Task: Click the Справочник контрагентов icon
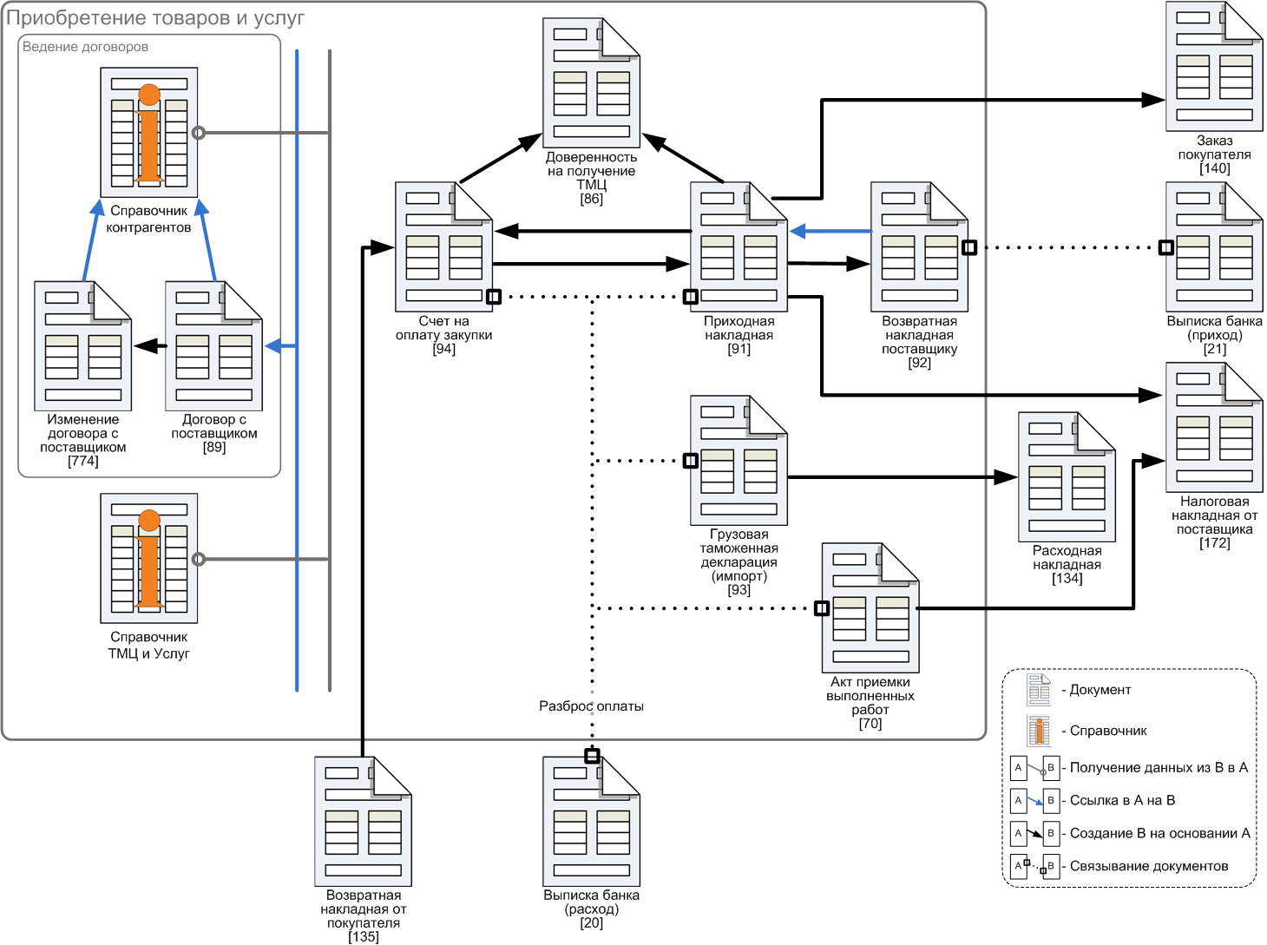149,132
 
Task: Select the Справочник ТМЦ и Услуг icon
149,558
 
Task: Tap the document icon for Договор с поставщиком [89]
214,345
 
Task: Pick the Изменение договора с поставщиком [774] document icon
83,345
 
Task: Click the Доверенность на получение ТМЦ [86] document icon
592,82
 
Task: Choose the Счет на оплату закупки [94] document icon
443,247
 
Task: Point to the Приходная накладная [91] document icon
739,247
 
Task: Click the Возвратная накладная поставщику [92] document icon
920,247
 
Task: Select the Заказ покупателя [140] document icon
1214,66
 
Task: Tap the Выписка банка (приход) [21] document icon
1214,247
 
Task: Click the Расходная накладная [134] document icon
1067,476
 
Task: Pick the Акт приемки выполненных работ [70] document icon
870,607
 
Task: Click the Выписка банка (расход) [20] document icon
592,821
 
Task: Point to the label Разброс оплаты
591,706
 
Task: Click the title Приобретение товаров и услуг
154,18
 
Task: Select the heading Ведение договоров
85,47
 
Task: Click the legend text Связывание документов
1149,865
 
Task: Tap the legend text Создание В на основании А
1159,832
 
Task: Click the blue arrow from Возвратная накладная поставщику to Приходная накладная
830,232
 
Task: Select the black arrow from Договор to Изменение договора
150,346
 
